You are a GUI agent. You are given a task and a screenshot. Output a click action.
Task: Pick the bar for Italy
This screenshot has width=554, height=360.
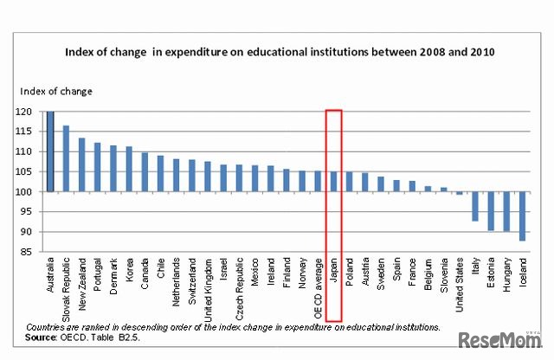tap(475, 206)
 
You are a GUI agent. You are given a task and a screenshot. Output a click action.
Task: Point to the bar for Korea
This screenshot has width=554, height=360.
tap(129, 169)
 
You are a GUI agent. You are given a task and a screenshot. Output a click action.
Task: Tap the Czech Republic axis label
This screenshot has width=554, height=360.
tap(239, 292)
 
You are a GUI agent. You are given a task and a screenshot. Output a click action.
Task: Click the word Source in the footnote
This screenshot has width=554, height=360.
tap(44, 337)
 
